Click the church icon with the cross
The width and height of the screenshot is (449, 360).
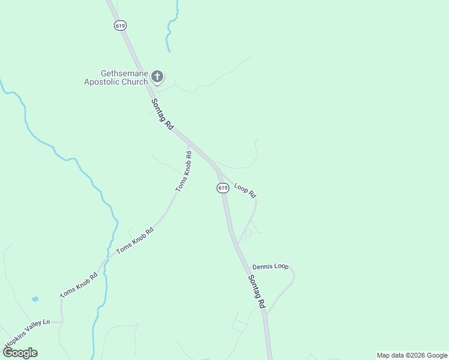(x=157, y=76)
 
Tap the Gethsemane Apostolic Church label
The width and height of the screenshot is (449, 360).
(x=116, y=77)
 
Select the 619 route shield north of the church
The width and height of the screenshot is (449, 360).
(x=121, y=25)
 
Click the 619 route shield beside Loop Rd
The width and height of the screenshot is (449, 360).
(x=223, y=188)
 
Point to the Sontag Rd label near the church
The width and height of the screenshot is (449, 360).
(x=162, y=114)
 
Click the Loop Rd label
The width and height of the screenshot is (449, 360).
(x=245, y=190)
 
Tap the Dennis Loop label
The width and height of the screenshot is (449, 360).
(x=270, y=266)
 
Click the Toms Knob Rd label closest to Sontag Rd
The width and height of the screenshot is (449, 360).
(x=184, y=171)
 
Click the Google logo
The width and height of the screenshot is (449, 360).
(x=20, y=352)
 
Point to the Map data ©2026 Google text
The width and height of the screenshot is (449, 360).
(x=412, y=355)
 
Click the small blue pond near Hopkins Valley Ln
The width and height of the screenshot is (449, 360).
(x=35, y=298)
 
